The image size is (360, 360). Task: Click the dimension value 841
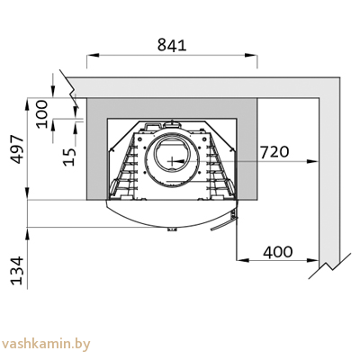[171, 44]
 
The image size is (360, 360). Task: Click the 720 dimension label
[274, 152]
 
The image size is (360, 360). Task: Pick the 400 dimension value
[278, 251]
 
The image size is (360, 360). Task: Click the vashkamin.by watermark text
[47, 343]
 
